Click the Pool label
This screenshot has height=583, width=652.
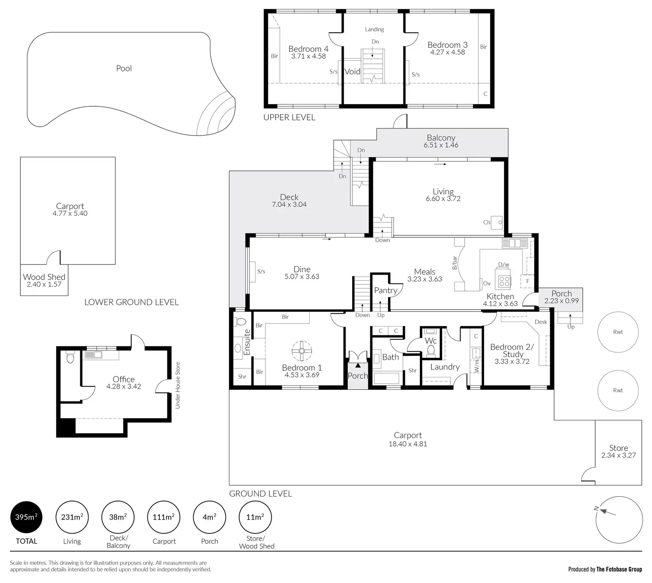[x=124, y=68]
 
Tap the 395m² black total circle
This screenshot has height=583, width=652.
[x=27, y=517]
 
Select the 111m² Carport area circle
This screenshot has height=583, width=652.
[x=164, y=517]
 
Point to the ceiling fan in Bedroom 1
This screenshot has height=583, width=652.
[x=302, y=350]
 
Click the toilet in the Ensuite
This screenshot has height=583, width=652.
[x=241, y=321]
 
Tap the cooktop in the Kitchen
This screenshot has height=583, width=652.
[x=504, y=281]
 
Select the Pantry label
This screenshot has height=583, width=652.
[x=385, y=290]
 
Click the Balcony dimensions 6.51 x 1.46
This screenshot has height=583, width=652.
[x=441, y=145]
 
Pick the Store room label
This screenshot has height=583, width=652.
[x=618, y=448]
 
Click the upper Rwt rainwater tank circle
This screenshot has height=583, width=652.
[x=618, y=332]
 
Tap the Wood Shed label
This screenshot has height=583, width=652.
[x=44, y=277]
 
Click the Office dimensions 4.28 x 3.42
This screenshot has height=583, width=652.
[x=124, y=386]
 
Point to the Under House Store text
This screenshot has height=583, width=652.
[x=178, y=385]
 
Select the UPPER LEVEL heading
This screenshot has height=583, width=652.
[x=289, y=117]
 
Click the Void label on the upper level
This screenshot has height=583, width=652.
[x=353, y=71]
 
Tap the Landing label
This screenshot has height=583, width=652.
[x=374, y=29]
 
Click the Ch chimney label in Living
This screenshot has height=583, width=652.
[x=487, y=222]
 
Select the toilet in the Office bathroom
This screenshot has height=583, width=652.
[x=70, y=358]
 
